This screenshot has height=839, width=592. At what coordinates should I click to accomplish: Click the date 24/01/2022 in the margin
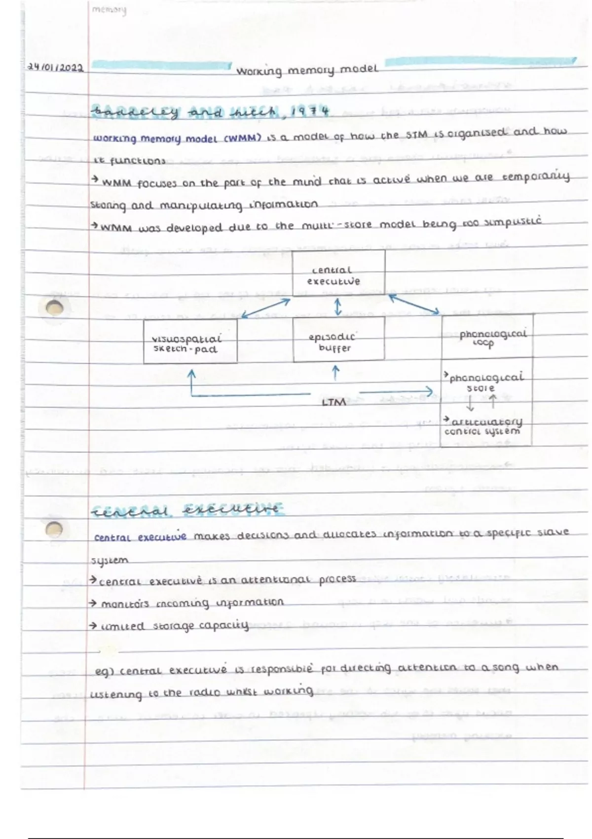click(55, 68)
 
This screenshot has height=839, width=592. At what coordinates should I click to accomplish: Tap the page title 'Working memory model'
click(307, 70)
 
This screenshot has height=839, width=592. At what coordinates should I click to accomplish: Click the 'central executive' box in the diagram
click(338, 274)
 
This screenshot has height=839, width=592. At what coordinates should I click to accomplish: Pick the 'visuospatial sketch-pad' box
click(190, 342)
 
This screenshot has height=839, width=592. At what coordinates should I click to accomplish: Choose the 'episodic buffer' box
click(338, 340)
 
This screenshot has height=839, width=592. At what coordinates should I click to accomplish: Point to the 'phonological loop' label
click(492, 338)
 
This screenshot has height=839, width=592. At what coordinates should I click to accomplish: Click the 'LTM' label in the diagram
click(333, 402)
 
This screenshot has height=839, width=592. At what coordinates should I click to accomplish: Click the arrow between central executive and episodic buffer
click(338, 306)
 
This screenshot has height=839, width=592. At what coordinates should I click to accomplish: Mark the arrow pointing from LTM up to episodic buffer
click(336, 373)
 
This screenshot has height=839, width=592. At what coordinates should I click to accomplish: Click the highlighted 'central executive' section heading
click(187, 510)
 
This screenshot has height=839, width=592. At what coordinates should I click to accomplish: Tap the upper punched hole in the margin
click(55, 308)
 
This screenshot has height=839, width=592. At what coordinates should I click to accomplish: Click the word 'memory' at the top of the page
click(109, 10)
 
